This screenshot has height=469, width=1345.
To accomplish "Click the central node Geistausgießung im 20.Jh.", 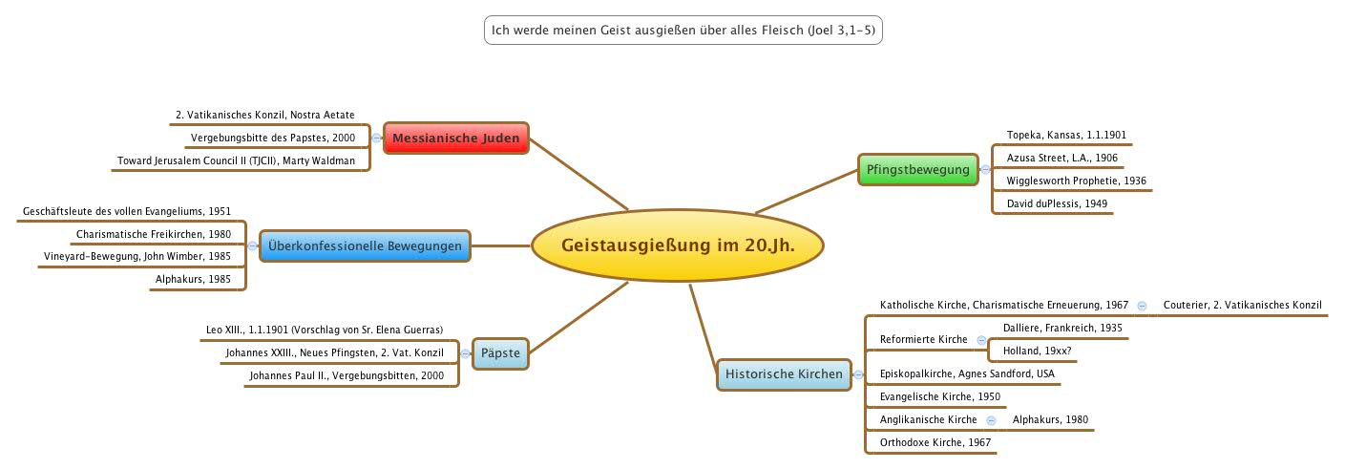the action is (677, 246).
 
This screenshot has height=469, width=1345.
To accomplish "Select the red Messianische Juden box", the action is (455, 139).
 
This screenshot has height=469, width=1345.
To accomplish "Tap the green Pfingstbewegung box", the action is (917, 170).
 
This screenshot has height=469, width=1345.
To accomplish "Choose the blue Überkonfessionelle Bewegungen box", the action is (365, 246).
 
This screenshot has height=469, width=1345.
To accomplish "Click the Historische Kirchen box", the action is (784, 373).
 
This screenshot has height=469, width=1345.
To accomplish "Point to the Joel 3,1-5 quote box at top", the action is (682, 31).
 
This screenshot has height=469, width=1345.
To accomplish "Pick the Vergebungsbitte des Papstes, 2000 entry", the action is (272, 138).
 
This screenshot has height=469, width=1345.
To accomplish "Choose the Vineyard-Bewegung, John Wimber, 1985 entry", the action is (137, 256).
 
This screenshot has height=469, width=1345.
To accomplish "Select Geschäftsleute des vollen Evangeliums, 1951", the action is (127, 211).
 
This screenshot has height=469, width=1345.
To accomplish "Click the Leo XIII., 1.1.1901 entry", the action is (325, 330).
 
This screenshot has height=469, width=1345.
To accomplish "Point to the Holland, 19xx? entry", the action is (1037, 351).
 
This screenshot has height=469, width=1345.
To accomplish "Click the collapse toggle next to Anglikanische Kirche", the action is (991, 420).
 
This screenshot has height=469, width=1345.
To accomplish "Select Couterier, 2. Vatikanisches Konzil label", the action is (1242, 305).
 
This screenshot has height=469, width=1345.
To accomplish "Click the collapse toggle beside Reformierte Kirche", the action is (981, 340).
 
